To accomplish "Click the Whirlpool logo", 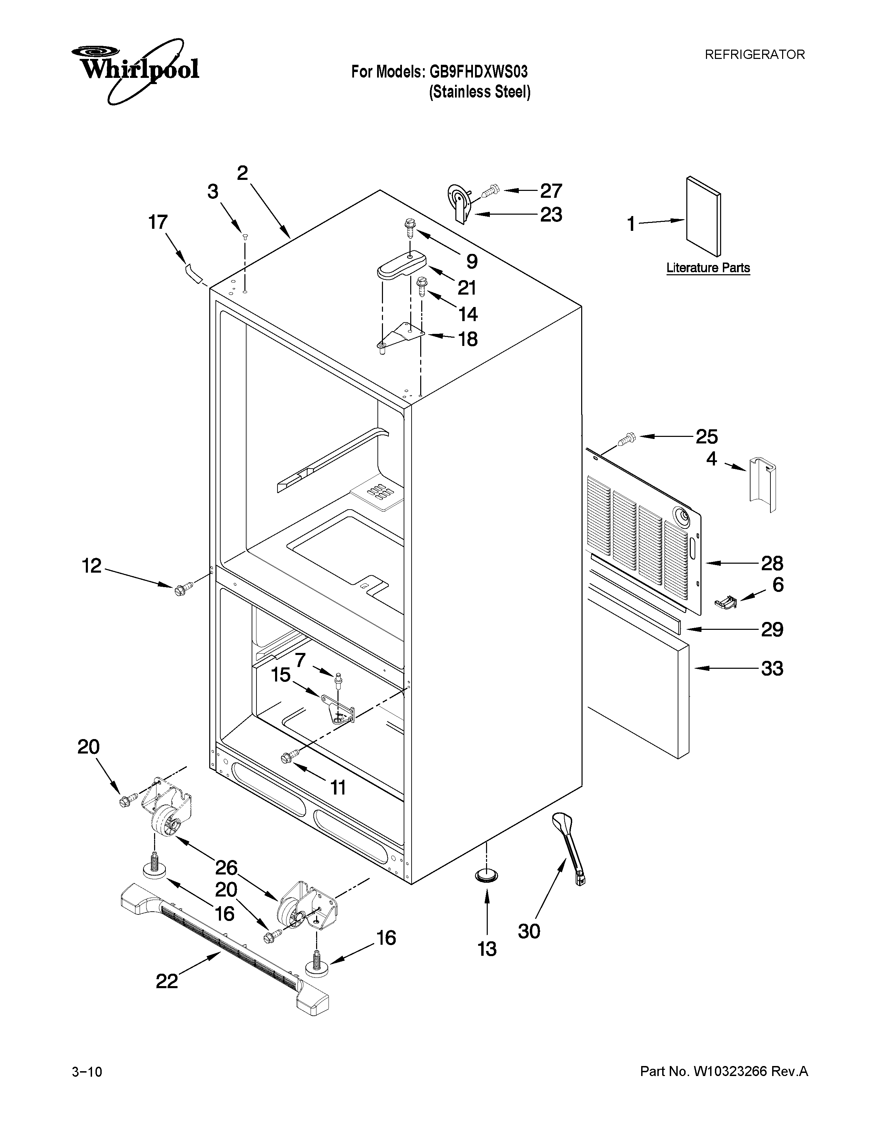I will tap(134, 70).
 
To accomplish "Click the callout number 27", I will tap(551, 191).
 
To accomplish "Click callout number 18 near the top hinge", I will tap(468, 339).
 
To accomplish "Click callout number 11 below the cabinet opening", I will tap(339, 788).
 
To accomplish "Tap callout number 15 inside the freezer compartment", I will tap(281, 675).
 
